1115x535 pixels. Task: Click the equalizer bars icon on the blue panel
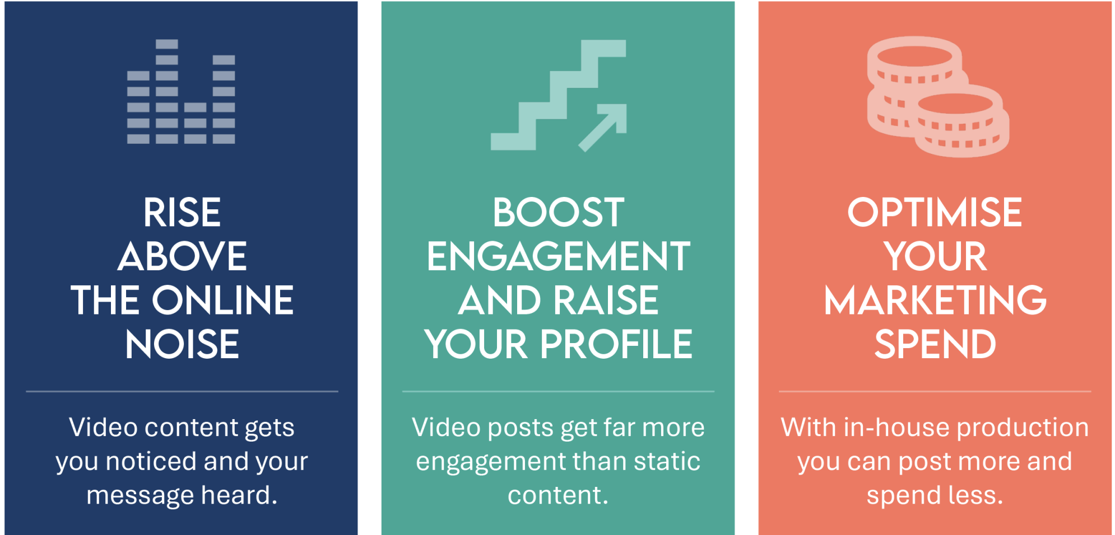coord(181,92)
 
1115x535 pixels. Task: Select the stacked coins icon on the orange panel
coord(938,97)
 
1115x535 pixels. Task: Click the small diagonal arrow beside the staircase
coord(602,128)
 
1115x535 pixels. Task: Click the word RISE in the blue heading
coord(182,213)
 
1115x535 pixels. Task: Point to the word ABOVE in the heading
coord(182,256)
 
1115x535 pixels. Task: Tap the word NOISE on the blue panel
coord(182,344)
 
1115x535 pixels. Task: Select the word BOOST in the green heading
coord(558,213)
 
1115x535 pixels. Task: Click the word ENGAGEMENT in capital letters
coord(558,256)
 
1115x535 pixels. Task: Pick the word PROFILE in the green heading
coord(616,344)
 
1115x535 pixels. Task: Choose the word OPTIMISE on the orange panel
coord(935,213)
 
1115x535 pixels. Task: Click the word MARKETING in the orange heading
coord(935,301)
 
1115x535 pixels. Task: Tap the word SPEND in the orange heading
coord(935,344)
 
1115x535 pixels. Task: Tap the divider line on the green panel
coord(558,391)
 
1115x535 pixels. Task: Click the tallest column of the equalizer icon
coord(167,92)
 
